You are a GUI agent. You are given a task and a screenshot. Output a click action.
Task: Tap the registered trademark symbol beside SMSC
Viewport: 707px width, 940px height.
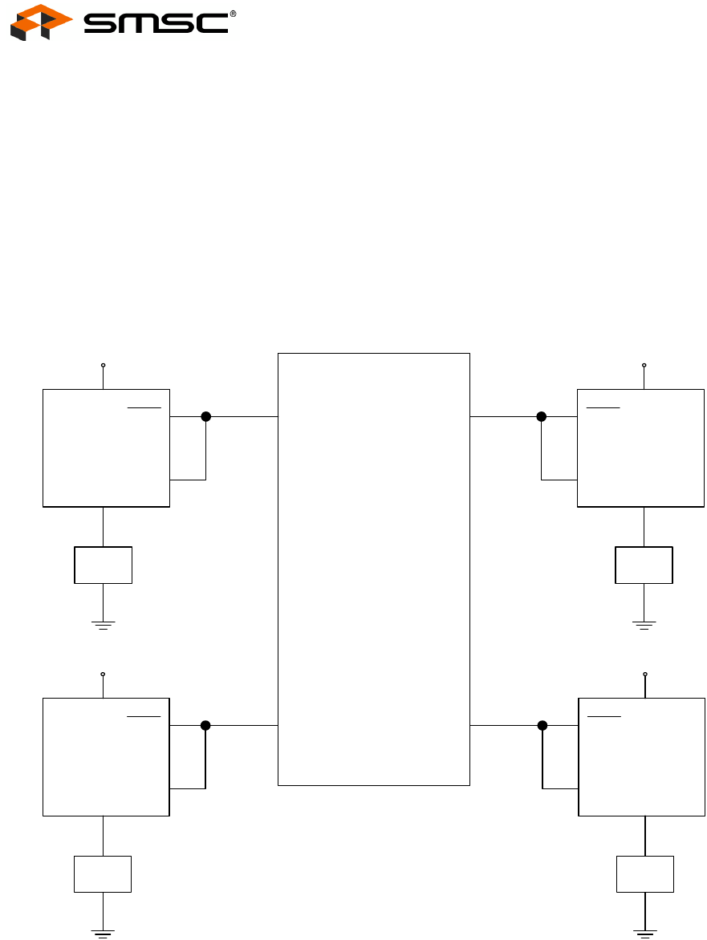(233, 14)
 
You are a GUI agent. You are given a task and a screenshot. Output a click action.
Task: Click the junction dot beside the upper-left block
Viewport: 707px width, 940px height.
(205, 416)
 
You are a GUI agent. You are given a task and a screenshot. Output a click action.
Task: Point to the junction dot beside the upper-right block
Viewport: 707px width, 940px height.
(541, 416)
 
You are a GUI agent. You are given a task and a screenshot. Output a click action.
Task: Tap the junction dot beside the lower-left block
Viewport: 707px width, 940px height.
(205, 725)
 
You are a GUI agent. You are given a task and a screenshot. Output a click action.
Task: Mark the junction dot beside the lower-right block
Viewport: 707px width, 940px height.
(542, 725)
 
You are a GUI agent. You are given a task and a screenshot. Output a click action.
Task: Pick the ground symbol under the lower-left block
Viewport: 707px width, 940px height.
(103, 932)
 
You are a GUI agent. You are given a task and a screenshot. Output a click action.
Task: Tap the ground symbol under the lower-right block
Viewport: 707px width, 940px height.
(645, 932)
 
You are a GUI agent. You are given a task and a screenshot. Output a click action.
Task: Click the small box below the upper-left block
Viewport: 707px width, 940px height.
(103, 565)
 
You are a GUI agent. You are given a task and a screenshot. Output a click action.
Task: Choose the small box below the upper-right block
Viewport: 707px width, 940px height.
(644, 565)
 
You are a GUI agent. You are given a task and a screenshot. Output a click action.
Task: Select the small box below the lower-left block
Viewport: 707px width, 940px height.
(103, 874)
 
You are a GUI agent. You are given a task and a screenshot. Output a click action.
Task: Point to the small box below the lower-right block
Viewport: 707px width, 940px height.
(645, 874)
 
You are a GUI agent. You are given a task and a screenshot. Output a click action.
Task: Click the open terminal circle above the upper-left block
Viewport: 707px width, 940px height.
(103, 365)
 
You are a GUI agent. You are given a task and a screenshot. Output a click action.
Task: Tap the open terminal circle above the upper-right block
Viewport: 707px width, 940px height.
(644, 365)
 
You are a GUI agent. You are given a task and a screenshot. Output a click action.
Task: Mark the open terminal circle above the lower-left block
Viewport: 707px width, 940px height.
(103, 674)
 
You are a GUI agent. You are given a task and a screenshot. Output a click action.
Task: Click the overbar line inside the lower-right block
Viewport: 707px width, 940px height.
(603, 715)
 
